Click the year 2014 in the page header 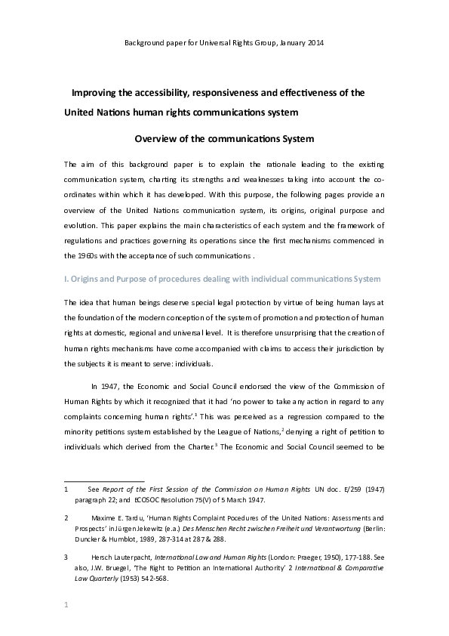click(x=314, y=42)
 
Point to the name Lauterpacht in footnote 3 click(x=133, y=556)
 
